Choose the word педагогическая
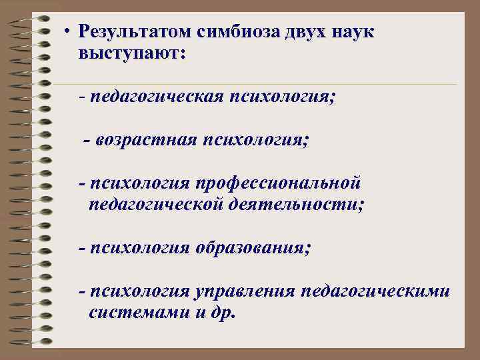point(157,97)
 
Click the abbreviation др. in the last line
point(223,313)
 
